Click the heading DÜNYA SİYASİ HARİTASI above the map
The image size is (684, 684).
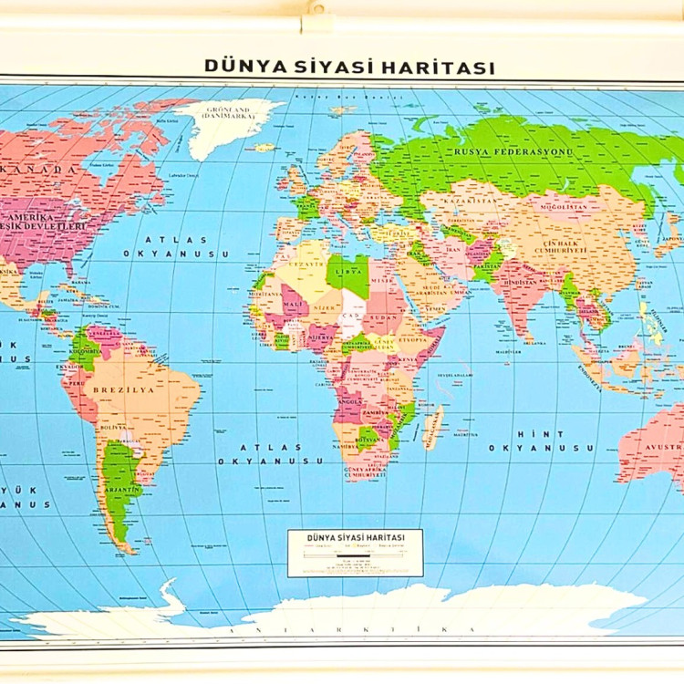[x=349, y=67]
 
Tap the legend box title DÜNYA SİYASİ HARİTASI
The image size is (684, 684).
[x=355, y=538]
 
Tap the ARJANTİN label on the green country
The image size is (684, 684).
[x=121, y=490]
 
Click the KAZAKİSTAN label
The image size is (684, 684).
[x=470, y=197]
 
